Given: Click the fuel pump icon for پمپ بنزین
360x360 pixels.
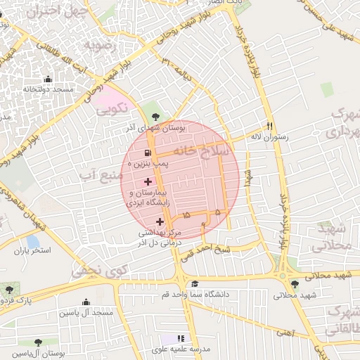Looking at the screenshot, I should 147,154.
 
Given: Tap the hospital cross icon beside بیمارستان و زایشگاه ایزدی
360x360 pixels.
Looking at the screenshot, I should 147,181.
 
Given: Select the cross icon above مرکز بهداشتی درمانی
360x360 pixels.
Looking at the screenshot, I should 160,222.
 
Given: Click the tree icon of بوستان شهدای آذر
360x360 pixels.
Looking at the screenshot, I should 155,117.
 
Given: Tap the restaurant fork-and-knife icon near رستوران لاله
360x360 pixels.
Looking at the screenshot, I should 269,124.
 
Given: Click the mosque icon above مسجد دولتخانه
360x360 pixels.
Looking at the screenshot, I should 48,79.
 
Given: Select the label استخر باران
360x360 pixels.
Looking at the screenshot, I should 32,250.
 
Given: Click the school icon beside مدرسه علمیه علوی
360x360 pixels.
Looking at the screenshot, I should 182,338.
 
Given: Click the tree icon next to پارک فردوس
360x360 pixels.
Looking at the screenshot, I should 8,288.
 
